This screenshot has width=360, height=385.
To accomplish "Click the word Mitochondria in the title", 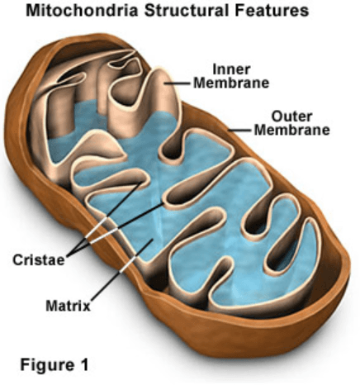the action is tap(82, 11).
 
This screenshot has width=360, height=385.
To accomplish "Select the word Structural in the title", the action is tap(187, 11).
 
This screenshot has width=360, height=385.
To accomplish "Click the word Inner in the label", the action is tap(231, 69).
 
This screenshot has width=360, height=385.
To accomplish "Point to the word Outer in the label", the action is tap(291, 116).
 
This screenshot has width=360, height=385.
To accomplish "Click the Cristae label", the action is tap(39, 259).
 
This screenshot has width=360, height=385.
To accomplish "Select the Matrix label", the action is tap(68, 306).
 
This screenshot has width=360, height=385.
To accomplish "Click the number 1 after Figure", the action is tap(84, 364).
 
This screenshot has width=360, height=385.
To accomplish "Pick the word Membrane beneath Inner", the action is tap(231, 83).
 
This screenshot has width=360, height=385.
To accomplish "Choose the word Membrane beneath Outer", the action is tap(292, 130).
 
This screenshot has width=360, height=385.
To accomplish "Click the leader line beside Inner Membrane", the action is tap(178, 83).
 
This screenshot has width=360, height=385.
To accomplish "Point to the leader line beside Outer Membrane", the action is tap(239, 130).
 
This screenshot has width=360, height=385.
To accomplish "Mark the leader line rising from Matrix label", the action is tap(122, 270).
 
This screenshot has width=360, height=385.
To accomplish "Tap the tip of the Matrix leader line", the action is tap(153, 240).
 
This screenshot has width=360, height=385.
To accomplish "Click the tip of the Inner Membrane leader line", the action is tap(165, 83).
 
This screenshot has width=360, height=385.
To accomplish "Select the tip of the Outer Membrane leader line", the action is tap(228, 130).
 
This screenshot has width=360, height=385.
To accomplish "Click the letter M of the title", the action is tap(32, 11).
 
